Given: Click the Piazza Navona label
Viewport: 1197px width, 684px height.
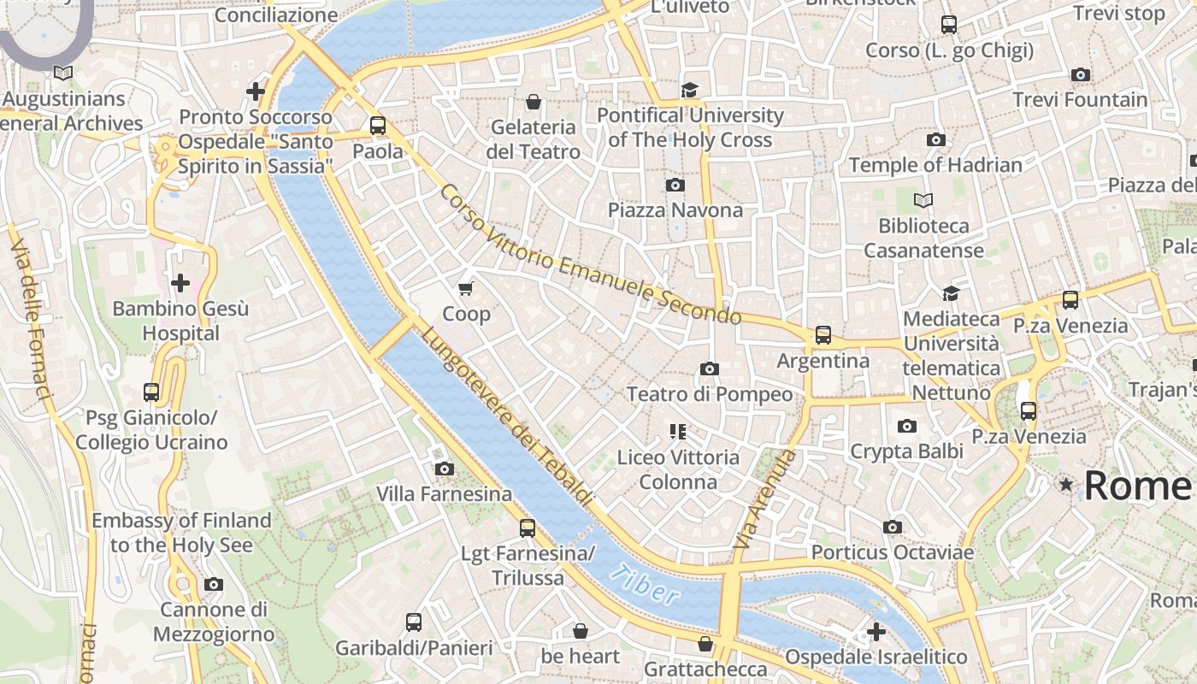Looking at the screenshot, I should (x=675, y=209).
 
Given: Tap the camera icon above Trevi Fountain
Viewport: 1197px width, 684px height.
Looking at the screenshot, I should (x=1081, y=75).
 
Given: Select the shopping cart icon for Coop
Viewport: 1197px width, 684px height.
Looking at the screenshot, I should (x=466, y=288).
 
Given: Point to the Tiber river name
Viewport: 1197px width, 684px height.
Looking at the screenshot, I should (x=646, y=586).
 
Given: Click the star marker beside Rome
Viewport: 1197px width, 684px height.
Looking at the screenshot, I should (x=1065, y=485).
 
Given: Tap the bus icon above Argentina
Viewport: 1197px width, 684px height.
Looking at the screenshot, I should (x=823, y=335).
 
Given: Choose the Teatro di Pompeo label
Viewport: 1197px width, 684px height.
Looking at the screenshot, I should (x=710, y=394).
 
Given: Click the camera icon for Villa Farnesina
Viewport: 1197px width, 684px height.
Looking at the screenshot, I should (x=444, y=469).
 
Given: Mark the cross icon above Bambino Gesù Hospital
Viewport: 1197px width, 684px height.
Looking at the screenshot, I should (x=180, y=282).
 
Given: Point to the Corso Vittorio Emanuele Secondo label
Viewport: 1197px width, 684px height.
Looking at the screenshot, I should (x=590, y=255).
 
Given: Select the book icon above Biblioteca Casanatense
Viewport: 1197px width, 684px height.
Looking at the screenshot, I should (x=923, y=200).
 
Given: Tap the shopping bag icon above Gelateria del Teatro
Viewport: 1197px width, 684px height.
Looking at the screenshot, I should (x=534, y=102).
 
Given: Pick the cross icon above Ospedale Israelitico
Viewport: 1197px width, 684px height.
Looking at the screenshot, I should (x=876, y=632).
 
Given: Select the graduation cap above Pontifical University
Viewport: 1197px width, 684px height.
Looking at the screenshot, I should (x=689, y=90).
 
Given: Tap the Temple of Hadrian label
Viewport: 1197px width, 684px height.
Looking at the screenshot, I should (x=935, y=164).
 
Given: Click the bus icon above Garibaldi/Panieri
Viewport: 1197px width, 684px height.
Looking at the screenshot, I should (x=414, y=622).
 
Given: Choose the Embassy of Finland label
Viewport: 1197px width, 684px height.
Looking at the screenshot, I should (x=181, y=533).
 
